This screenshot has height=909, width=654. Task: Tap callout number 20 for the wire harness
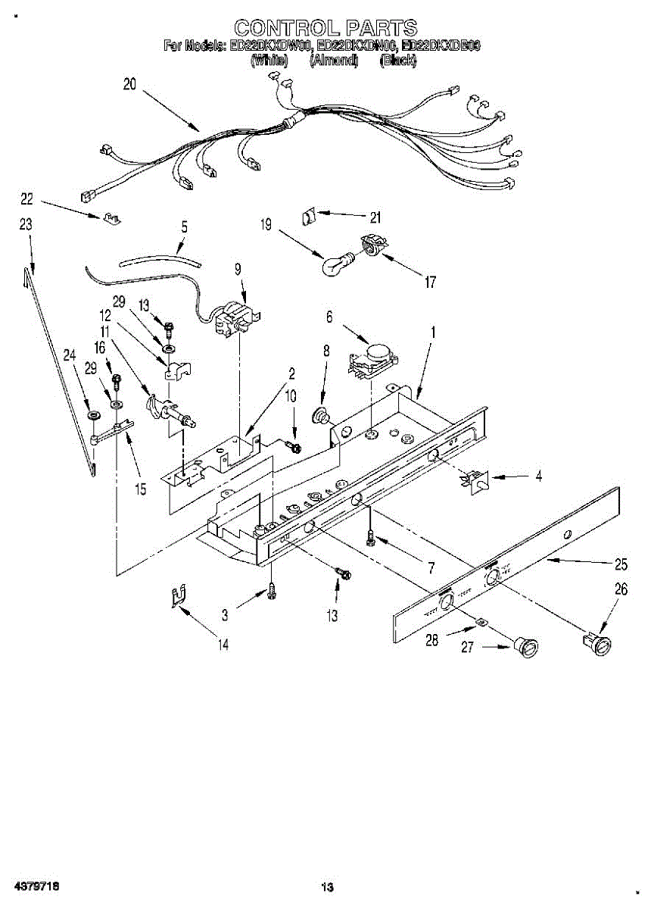[129, 85]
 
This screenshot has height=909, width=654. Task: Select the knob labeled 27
[525, 647]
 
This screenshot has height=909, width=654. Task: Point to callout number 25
[621, 564]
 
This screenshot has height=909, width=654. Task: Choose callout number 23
[26, 224]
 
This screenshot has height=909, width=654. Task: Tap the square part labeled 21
[310, 215]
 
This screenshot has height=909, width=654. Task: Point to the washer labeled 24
[92, 416]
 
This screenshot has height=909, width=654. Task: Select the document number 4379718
[35, 886]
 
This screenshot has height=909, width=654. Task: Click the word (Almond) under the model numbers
[333, 61]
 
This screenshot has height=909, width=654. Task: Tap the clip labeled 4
[476, 481]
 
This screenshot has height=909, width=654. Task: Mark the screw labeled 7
[369, 537]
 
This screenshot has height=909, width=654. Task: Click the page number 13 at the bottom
[327, 886]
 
